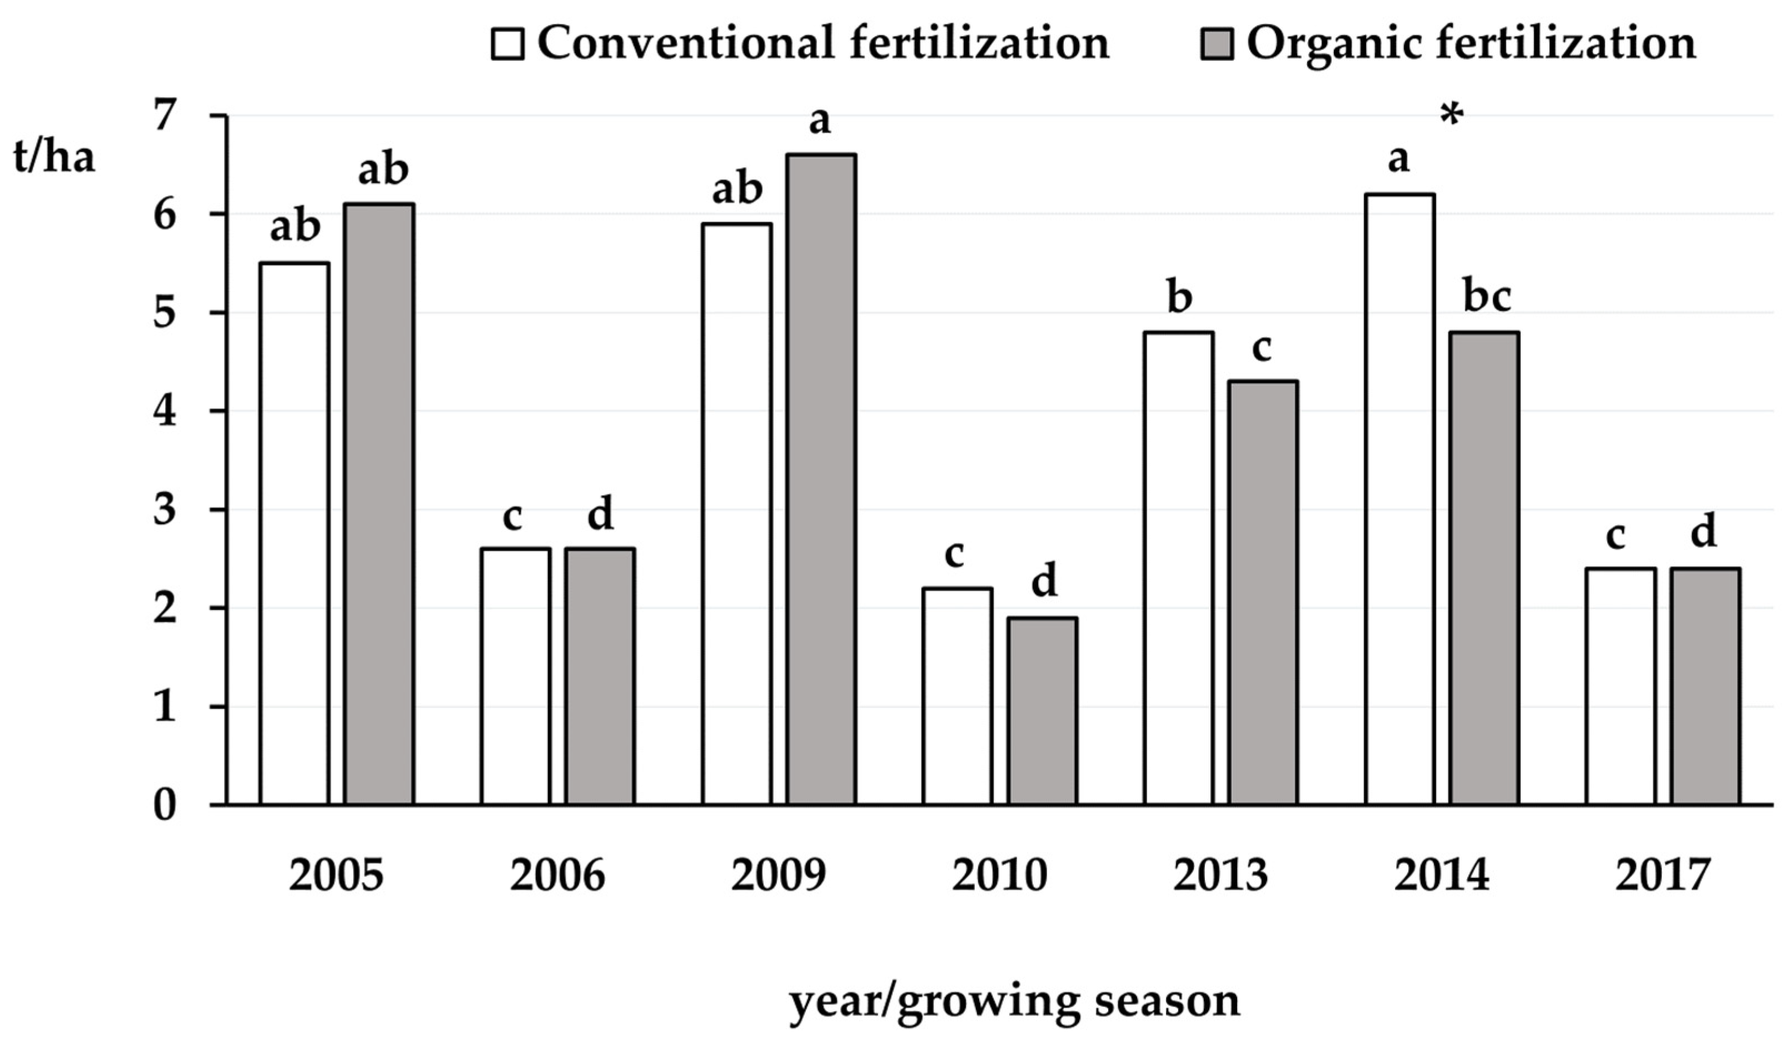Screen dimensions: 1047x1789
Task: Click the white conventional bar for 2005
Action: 294,532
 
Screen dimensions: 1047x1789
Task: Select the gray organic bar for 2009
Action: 821,479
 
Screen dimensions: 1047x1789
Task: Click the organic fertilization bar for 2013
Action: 1264,593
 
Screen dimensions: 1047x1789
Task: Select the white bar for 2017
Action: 1620,686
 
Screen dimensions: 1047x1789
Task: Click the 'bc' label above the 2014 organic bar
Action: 1487,297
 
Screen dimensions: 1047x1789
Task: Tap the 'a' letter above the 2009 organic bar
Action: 819,121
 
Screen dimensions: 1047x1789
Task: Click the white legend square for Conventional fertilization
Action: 507,44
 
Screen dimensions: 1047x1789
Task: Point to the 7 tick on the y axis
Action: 164,116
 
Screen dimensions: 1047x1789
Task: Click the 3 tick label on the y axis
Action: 164,510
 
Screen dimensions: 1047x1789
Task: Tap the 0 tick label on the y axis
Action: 164,806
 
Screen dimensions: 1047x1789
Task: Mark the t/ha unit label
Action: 54,158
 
